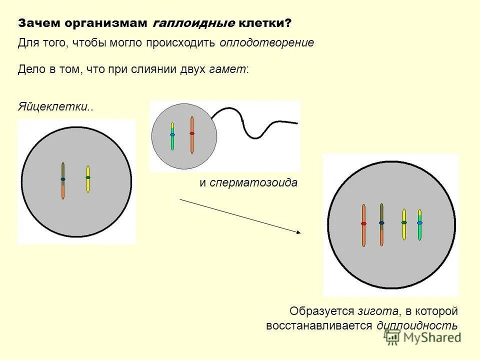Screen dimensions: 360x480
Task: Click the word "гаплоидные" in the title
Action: coord(193,23)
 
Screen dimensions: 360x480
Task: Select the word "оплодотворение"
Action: coord(266,43)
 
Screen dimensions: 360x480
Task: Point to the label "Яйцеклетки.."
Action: coord(56,107)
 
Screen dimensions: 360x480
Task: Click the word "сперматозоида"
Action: coord(253,182)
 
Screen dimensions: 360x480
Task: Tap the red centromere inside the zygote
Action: coord(363,223)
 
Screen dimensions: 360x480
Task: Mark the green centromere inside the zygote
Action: coord(404,222)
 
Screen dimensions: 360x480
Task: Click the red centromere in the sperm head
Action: coord(192,133)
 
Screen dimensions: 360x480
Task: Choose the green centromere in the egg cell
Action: coord(88,177)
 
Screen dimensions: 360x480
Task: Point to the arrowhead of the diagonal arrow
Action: coord(298,232)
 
